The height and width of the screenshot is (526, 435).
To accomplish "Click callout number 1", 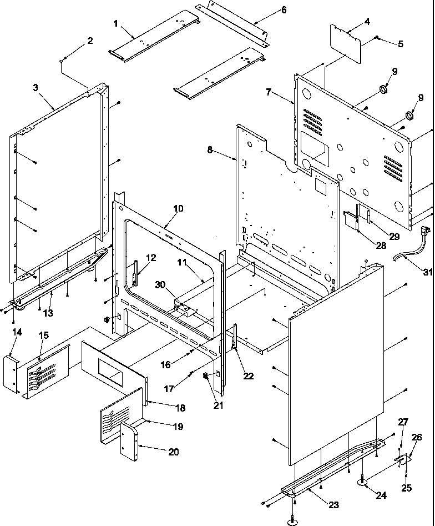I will pos(116,23).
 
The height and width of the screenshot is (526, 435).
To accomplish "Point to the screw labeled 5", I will pos(377,37).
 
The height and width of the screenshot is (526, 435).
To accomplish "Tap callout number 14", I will pos(17,332).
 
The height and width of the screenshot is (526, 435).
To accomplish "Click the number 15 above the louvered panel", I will pos(43,335).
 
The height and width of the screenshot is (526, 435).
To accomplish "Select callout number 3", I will pos(36,88).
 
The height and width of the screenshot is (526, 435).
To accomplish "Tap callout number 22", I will pos(248,376).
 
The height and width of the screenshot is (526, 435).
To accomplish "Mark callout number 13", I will pos(48,313).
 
